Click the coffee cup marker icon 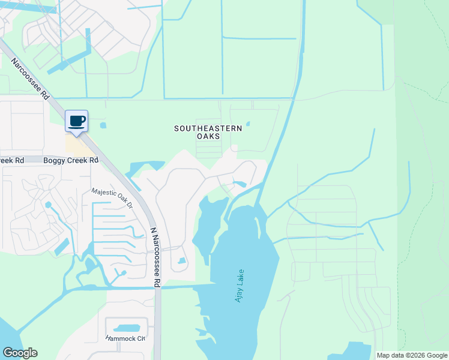(76, 121)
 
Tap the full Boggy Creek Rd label (71, 160)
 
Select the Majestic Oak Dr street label (112, 199)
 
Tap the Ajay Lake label (239, 285)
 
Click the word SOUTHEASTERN (208, 128)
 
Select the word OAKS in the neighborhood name (208, 136)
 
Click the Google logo (20, 353)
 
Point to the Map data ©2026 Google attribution (411, 355)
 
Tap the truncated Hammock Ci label (125, 338)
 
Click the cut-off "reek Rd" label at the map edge (12, 160)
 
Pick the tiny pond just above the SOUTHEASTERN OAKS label (247, 124)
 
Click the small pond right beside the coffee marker (103, 125)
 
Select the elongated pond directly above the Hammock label (126, 328)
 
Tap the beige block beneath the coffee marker (77, 145)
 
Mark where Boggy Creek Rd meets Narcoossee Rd (109, 160)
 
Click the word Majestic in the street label (102, 194)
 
